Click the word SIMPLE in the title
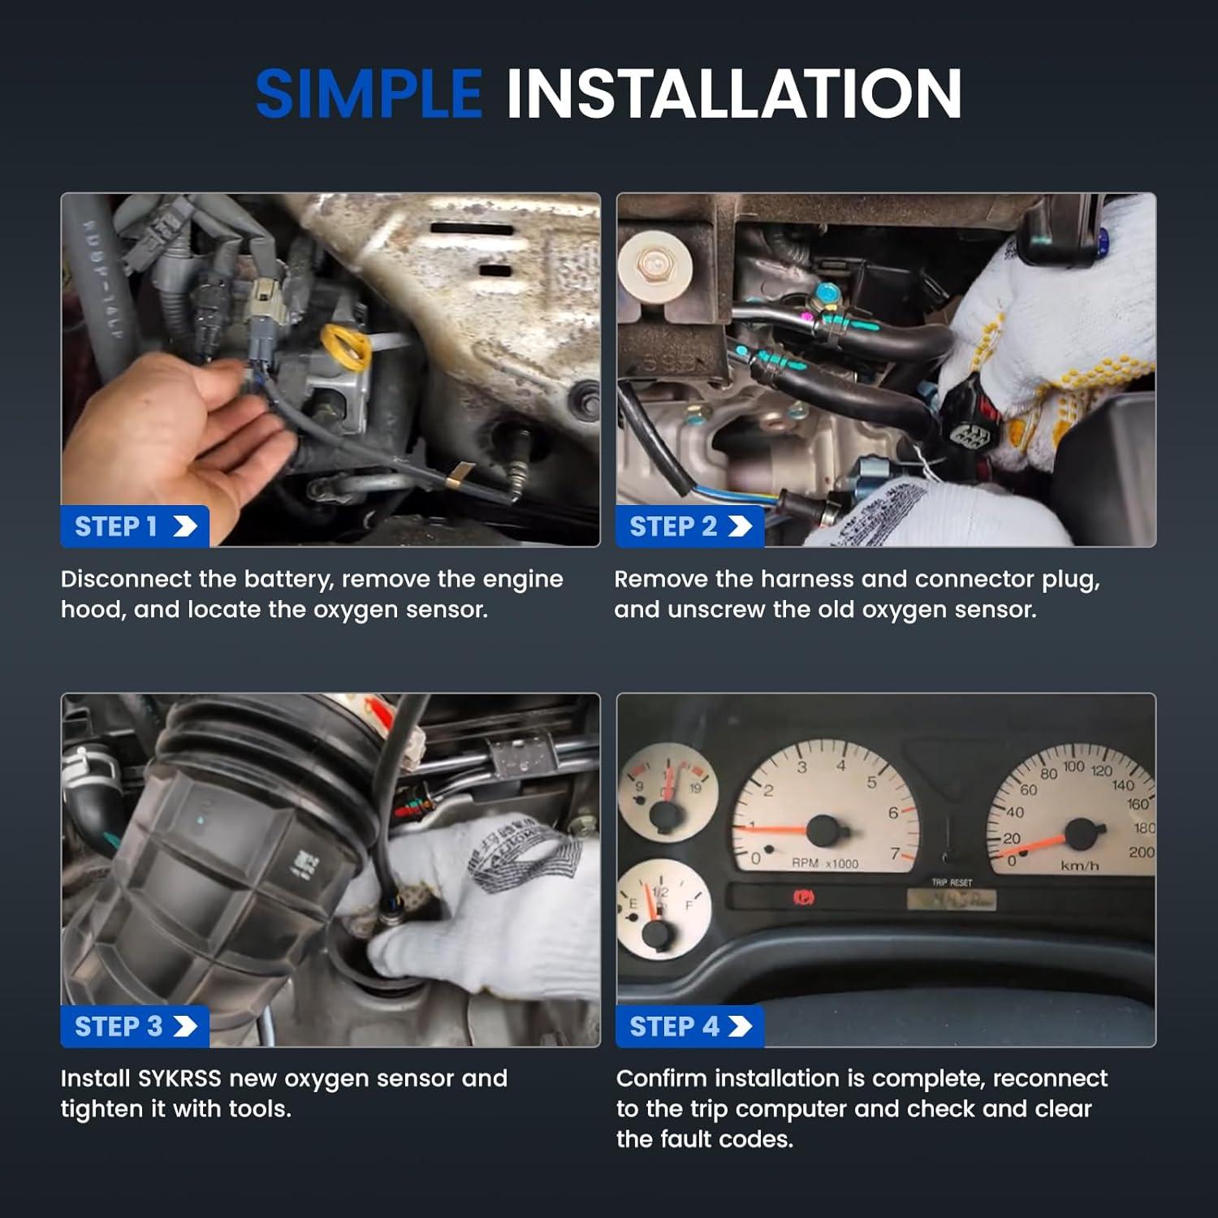click(369, 93)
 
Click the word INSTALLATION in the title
click(734, 93)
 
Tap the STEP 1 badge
click(135, 526)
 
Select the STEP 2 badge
click(690, 526)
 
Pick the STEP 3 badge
click(135, 1026)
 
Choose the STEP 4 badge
click(690, 1026)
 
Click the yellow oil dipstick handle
click(345, 345)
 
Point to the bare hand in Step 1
click(171, 430)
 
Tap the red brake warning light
click(803, 898)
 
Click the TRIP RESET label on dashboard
click(951, 882)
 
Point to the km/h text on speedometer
click(1079, 866)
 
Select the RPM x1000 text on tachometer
click(824, 863)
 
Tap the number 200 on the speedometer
click(1140, 852)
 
